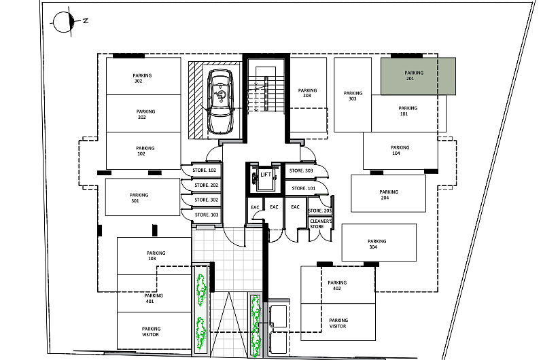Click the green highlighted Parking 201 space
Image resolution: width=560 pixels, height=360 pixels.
418,76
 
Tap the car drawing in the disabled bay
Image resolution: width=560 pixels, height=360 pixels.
220,101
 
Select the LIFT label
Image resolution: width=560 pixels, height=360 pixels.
266,175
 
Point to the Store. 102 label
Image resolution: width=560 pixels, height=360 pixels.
205,170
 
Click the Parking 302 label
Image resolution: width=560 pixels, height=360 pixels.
142,78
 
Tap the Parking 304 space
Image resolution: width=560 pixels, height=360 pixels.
379,242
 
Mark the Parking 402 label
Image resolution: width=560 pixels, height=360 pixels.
337,285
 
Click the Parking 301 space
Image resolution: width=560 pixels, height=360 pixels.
143,197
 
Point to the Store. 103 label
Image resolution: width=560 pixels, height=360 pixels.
207,215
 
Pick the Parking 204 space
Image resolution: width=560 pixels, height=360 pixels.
388,194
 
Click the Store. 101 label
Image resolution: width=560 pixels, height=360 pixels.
304,188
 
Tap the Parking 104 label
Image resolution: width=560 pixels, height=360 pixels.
400,150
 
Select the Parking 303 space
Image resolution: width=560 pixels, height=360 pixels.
353,95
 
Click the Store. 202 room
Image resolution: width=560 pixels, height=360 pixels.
202,185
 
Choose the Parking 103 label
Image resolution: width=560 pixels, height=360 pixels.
156,256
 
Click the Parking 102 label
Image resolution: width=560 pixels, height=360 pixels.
145,151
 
